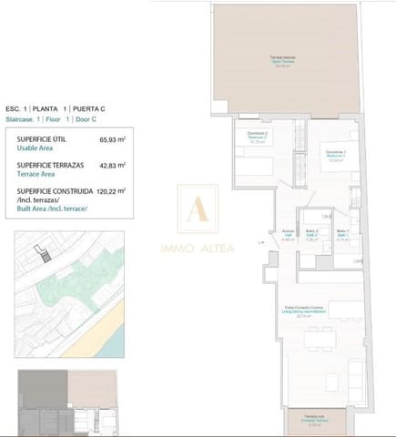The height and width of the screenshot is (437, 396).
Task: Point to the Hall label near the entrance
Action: coord(288,234)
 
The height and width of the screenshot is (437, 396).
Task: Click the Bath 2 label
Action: coord(311,234)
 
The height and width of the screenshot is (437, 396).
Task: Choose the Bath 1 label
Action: coord(342,234)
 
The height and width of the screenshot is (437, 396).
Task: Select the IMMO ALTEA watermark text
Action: coord(198,246)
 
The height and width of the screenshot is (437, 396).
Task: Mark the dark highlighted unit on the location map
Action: coord(40,252)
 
